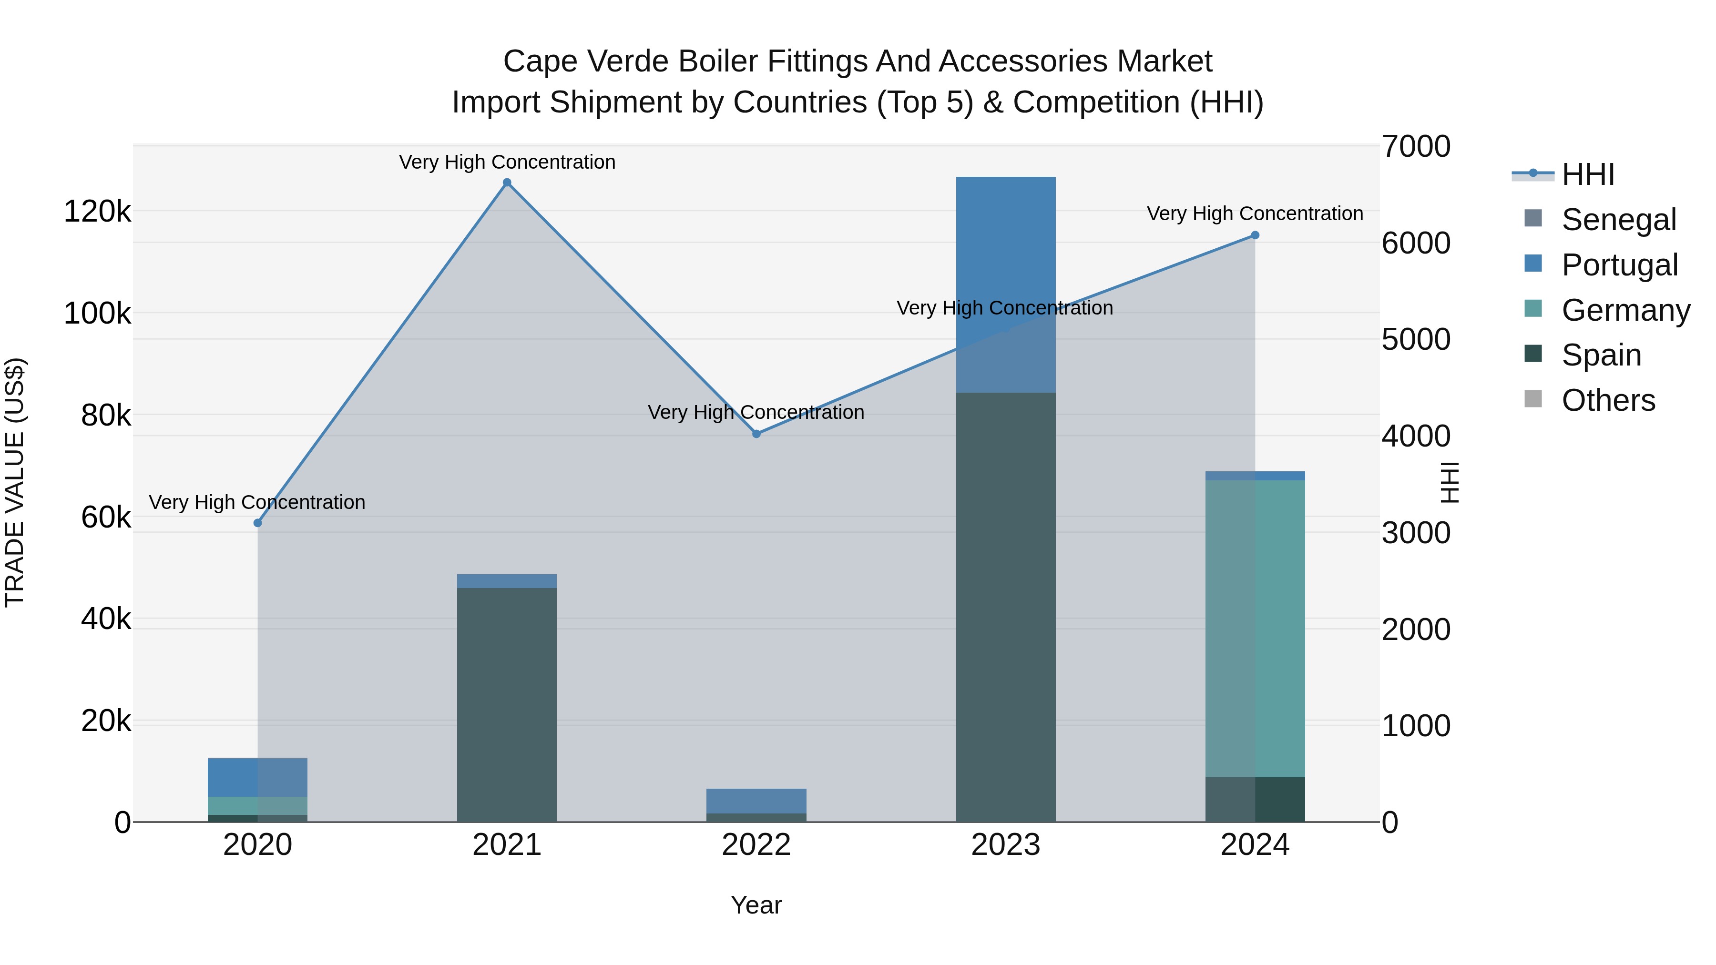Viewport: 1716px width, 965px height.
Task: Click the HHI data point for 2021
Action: [507, 183]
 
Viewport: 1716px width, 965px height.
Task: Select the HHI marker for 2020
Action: [258, 523]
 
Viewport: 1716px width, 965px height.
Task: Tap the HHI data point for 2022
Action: [756, 434]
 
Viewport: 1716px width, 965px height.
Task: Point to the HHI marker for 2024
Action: [1255, 235]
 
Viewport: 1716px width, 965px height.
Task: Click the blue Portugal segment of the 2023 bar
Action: [1005, 266]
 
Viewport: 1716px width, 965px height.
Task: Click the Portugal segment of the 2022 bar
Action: [756, 801]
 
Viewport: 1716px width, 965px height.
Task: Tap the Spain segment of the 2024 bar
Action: [1255, 799]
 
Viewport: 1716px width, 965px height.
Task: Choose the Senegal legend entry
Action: [1618, 220]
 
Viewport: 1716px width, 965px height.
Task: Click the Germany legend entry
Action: [1625, 310]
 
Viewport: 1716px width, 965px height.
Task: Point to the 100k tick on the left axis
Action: [97, 314]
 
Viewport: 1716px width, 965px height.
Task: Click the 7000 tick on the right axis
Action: [1416, 146]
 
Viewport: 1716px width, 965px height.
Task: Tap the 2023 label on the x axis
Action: [1005, 845]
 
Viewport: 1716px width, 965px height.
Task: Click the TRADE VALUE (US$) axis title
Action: [15, 482]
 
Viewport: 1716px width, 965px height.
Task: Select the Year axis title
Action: [756, 905]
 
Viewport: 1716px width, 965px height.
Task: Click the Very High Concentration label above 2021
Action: [507, 162]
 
